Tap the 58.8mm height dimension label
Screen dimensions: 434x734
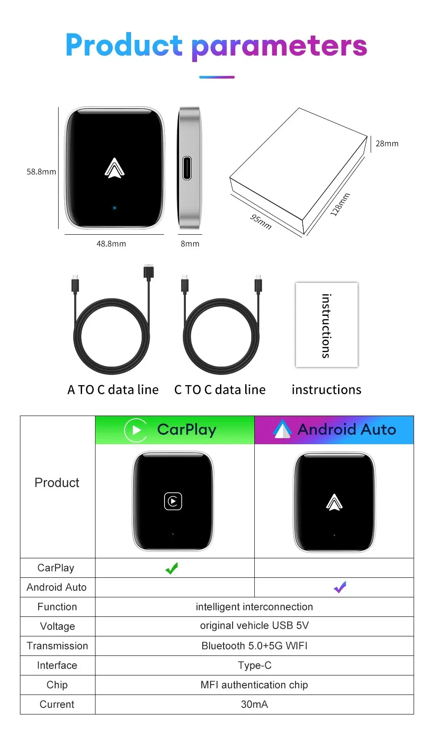click(41, 172)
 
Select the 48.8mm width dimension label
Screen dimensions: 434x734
click(111, 244)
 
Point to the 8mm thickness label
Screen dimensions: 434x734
click(190, 244)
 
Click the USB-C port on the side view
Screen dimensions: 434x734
click(187, 168)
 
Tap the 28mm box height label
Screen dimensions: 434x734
click(387, 144)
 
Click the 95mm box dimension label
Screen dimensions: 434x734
click(261, 222)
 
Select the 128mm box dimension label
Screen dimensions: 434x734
click(340, 204)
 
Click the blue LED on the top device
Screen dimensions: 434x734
click(115, 208)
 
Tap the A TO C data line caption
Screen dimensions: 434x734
click(113, 390)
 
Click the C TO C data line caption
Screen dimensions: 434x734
click(220, 390)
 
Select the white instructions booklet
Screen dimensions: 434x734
click(327, 325)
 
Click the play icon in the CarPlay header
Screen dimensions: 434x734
click(136, 430)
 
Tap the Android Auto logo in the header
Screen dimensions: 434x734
click(282, 429)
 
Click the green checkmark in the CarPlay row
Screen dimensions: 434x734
click(172, 568)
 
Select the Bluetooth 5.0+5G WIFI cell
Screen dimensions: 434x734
click(254, 646)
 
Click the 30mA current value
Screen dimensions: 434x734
click(254, 704)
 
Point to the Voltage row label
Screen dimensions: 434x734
click(57, 626)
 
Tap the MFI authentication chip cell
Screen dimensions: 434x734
click(254, 685)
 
